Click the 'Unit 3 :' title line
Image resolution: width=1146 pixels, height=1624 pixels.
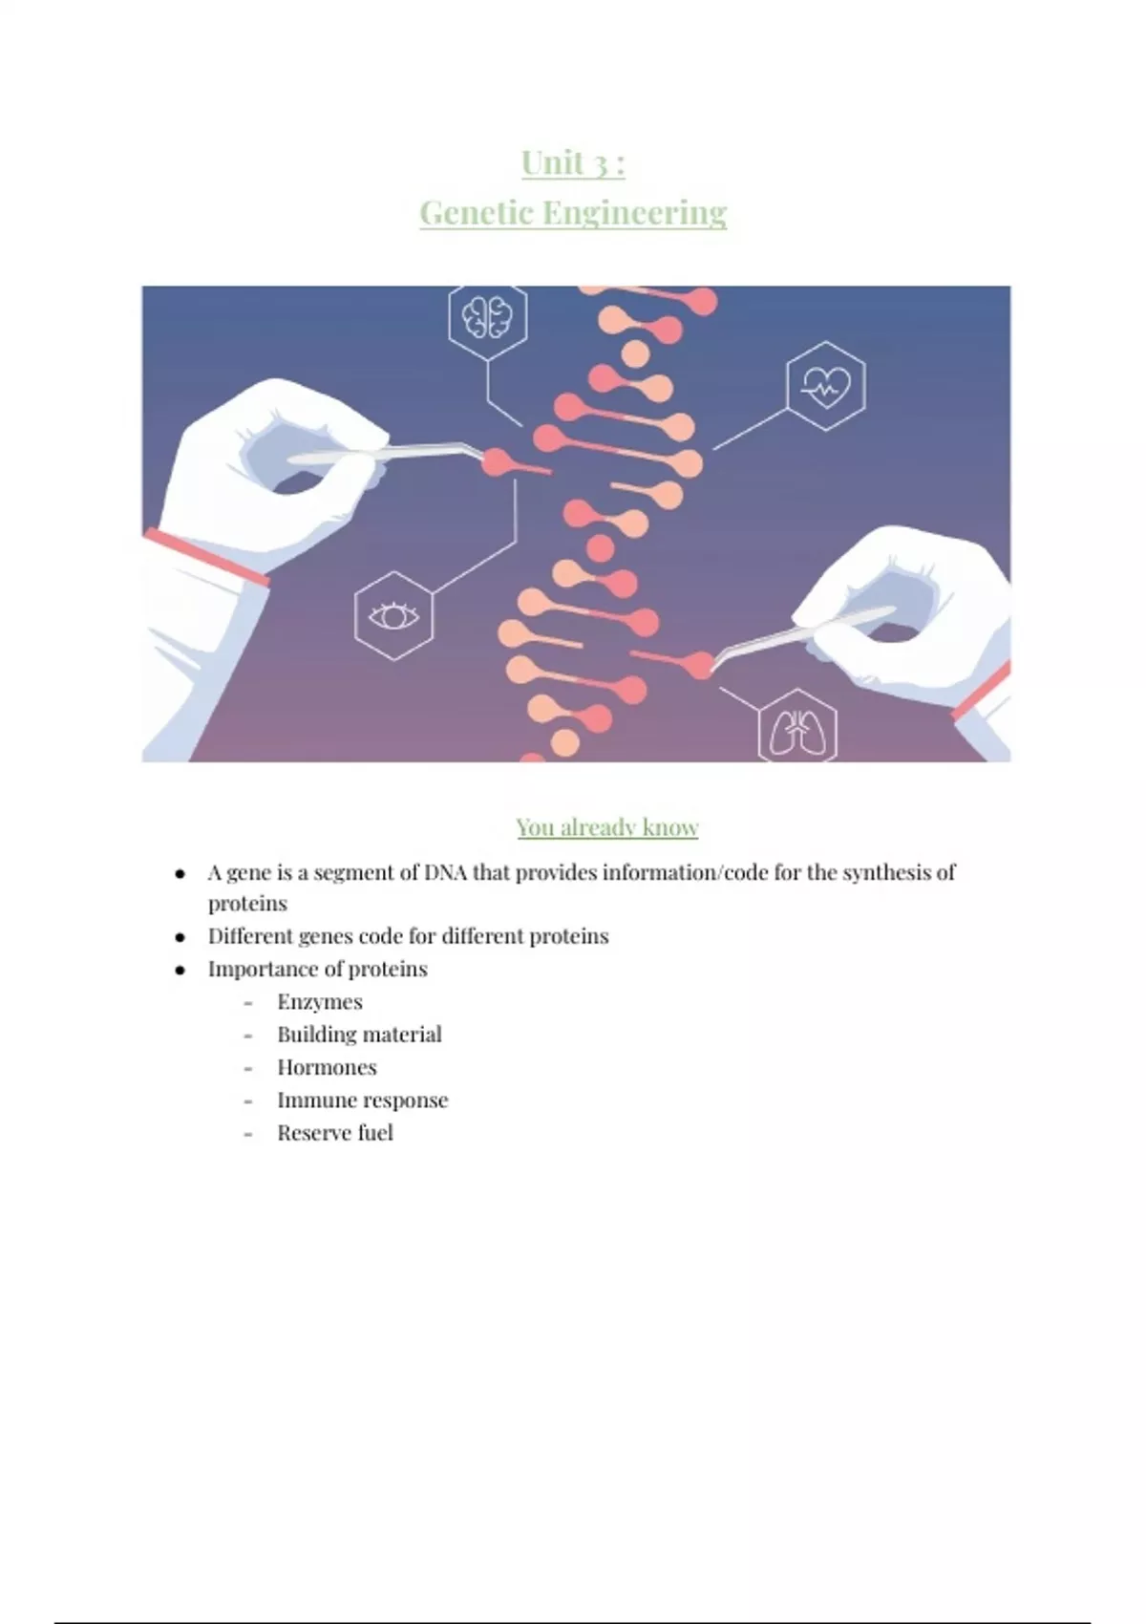click(573, 162)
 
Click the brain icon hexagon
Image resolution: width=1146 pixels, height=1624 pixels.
click(487, 320)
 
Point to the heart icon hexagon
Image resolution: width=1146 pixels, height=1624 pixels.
click(825, 386)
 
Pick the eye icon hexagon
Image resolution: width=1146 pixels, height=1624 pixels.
click(393, 615)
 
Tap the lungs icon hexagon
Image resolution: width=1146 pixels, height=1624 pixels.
click(797, 728)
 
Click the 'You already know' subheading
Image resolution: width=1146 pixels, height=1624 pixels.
click(607, 827)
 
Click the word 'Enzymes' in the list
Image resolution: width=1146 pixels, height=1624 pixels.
click(320, 1002)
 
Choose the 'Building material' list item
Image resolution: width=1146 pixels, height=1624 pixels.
click(359, 1034)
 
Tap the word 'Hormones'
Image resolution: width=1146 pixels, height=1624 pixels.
click(327, 1067)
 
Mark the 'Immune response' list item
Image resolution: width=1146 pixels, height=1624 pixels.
click(363, 1100)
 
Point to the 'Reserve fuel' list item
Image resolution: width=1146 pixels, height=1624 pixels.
click(335, 1132)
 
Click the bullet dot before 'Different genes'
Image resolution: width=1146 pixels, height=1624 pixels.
click(180, 937)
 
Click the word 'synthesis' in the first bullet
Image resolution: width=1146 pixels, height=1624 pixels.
click(887, 873)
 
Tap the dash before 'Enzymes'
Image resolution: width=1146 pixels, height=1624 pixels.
click(248, 1003)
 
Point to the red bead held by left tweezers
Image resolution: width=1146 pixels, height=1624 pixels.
click(497, 460)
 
